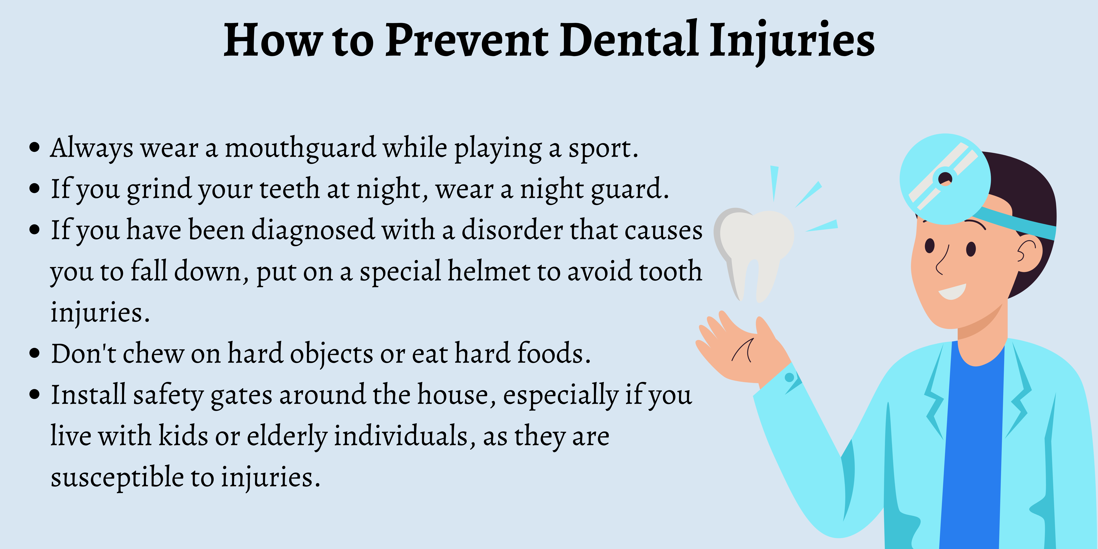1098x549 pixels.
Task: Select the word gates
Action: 241,396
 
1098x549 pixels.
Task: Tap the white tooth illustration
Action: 754,251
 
